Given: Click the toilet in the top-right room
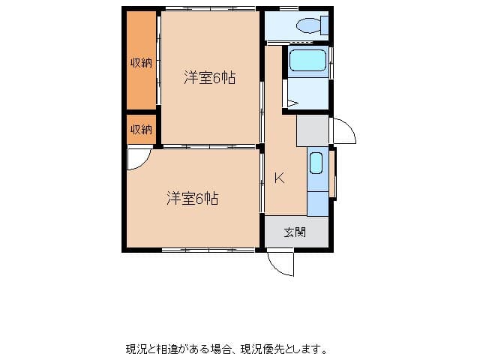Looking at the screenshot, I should tap(308, 25).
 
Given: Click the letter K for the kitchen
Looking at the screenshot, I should tap(278, 178).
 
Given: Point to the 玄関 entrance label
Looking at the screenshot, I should tap(295, 232).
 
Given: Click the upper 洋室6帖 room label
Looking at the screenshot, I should tap(209, 76).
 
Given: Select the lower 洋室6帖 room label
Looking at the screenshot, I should tap(193, 199).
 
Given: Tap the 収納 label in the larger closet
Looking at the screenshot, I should tap(141, 63).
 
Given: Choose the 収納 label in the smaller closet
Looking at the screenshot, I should tap(141, 129).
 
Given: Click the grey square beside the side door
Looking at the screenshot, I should tap(312, 130).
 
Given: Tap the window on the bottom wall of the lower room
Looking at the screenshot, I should tap(209, 249).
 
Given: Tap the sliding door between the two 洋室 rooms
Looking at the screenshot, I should tap(209, 145).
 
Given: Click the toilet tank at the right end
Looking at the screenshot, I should tap(324, 25).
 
